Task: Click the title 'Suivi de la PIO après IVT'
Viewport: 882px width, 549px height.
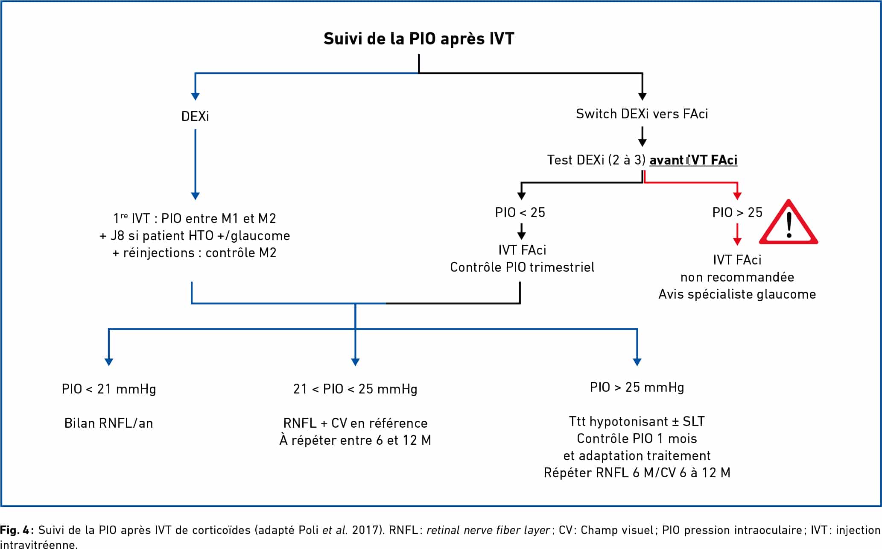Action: [x=419, y=39]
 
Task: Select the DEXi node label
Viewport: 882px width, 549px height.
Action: [x=195, y=116]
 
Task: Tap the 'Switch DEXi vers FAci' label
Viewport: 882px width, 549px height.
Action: [x=642, y=114]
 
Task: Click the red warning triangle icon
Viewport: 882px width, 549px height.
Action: [x=789, y=222]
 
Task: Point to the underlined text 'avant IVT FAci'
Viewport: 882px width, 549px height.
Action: [x=693, y=160]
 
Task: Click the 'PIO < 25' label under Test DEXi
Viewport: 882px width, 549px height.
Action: [x=520, y=212]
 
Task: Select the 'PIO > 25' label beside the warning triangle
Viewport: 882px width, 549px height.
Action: [x=737, y=212]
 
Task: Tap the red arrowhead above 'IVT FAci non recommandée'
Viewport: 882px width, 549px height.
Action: [x=737, y=241]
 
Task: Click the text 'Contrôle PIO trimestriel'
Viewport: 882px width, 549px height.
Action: [x=522, y=267]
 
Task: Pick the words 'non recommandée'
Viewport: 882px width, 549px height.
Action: [x=737, y=277]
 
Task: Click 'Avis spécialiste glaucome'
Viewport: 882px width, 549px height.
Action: [x=737, y=294]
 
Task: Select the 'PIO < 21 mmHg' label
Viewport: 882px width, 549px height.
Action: [x=109, y=389]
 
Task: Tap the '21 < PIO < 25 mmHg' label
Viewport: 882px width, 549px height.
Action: [x=355, y=389]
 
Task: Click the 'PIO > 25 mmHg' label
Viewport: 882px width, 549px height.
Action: [x=637, y=388]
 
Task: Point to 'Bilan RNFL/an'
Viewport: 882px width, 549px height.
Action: [x=109, y=423]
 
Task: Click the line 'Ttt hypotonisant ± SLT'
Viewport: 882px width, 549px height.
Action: [x=637, y=422]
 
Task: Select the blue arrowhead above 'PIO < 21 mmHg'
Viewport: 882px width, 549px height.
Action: [x=109, y=362]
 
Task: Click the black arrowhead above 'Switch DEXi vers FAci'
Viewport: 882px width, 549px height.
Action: [x=642, y=97]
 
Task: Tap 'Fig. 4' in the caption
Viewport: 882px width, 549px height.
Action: [x=15, y=530]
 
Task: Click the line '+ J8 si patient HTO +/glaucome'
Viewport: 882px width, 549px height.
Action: [x=195, y=236]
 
